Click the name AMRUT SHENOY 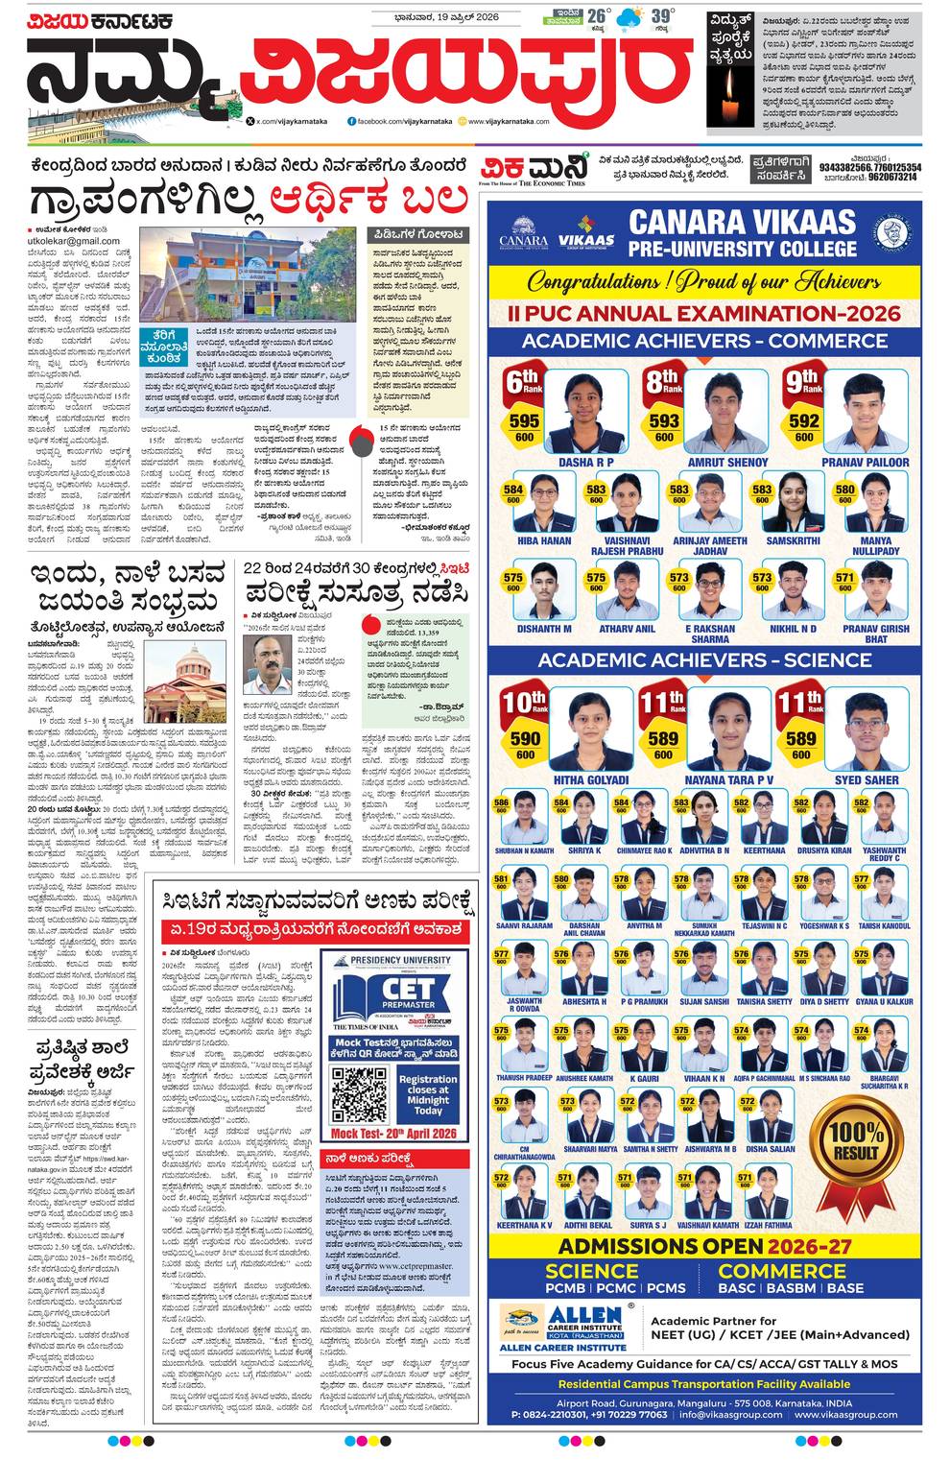click(727, 463)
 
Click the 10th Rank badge click(525, 703)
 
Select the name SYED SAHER click(867, 780)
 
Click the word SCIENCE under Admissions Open click(592, 1271)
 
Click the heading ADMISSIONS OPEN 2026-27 click(704, 1246)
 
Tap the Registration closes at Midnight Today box click(428, 1094)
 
